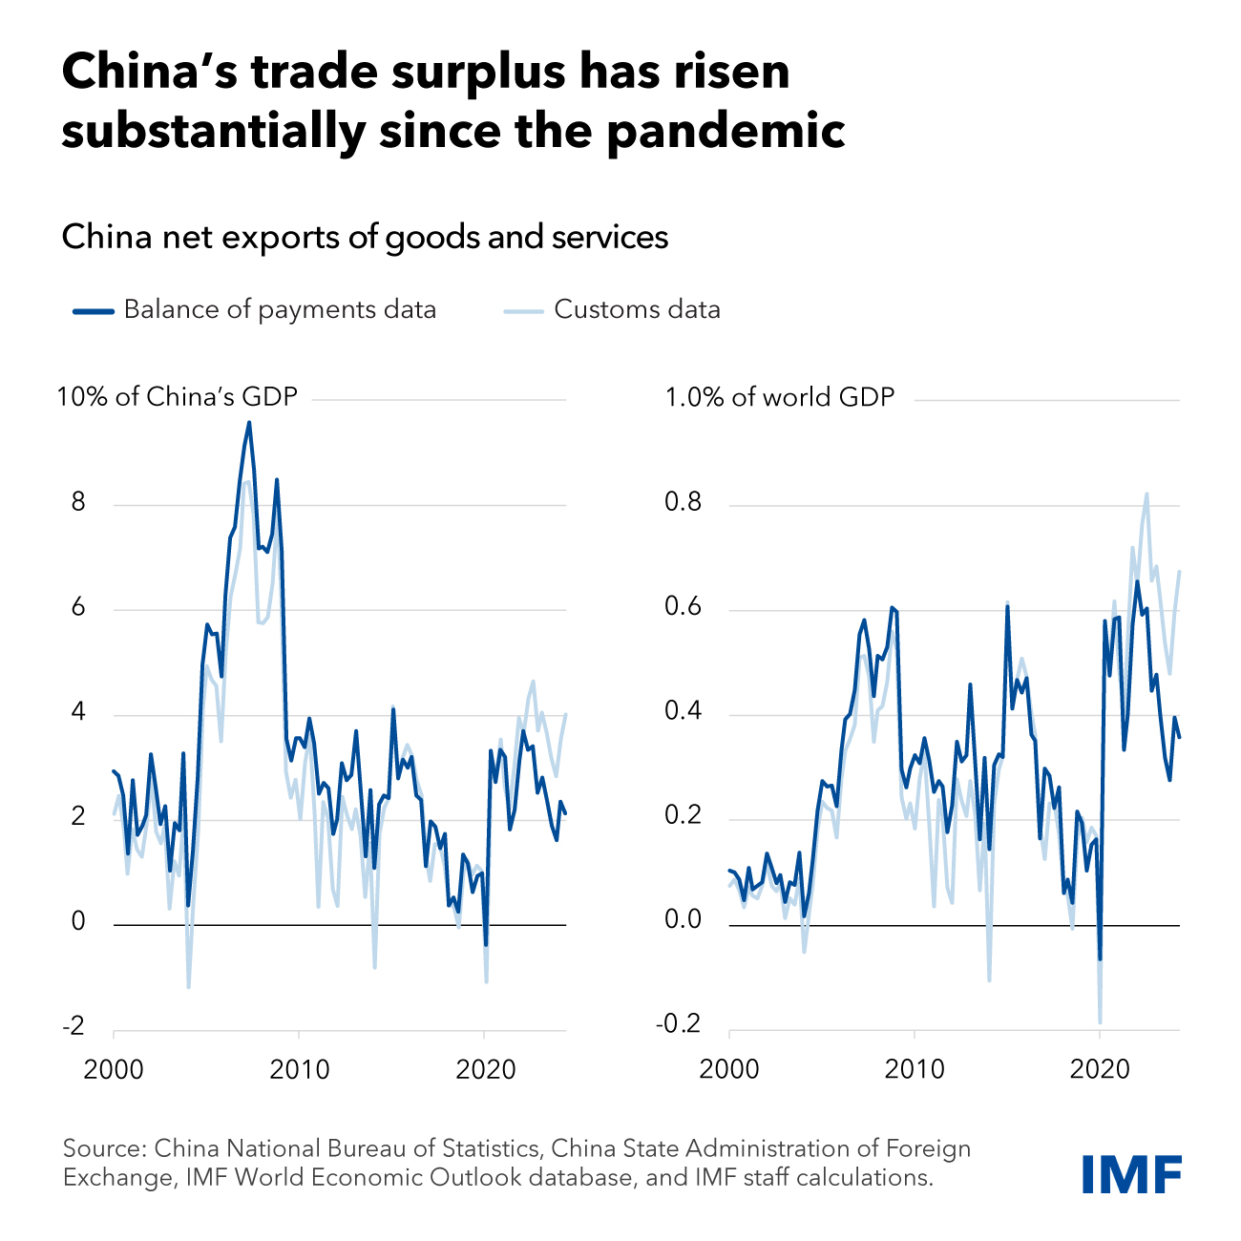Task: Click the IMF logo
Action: [1131, 1173]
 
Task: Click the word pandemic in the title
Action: [726, 131]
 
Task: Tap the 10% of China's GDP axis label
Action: [178, 396]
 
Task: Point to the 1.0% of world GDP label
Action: [780, 396]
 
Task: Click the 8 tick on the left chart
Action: [78, 503]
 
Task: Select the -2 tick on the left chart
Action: [73, 1027]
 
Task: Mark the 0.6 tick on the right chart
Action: [683, 608]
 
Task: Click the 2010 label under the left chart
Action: [299, 1069]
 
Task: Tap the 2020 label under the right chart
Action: [1100, 1069]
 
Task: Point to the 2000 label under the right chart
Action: [729, 1069]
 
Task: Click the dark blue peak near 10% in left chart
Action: [249, 423]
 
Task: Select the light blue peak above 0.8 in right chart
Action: [1146, 494]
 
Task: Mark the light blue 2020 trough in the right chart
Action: [1100, 1022]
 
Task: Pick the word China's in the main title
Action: [152, 73]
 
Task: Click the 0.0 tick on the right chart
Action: [683, 921]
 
